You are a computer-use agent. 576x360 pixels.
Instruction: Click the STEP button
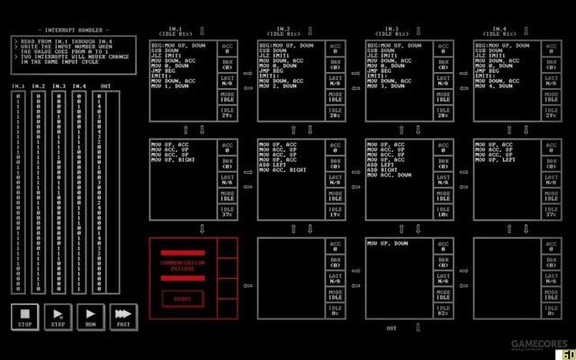coord(58,318)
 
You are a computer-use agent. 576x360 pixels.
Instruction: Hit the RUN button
coord(89,318)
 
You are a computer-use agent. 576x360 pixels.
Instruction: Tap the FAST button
coord(121,318)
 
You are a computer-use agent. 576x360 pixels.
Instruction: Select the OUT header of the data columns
coord(105,86)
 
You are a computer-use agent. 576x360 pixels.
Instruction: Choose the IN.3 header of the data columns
coord(59,86)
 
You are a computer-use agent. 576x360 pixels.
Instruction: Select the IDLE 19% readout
coord(336,212)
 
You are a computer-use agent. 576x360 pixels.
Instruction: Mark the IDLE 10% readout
coord(444,212)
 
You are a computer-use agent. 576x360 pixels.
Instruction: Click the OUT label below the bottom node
coord(391,328)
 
